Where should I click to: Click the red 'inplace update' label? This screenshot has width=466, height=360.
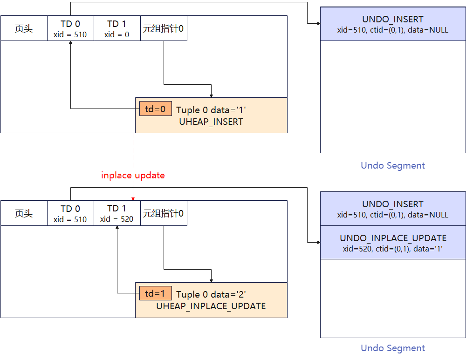[133, 176]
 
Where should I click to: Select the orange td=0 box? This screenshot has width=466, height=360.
[155, 109]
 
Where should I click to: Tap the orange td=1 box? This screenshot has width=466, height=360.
[155, 293]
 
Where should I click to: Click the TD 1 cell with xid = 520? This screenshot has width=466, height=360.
[117, 213]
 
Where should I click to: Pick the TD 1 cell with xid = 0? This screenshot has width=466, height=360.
[117, 28]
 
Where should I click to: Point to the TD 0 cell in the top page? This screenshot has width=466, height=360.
[70, 28]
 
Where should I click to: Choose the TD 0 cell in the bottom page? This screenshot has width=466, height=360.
[70, 213]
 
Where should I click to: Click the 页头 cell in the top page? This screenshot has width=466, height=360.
[24, 28]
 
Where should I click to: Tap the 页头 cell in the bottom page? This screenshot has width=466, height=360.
[24, 213]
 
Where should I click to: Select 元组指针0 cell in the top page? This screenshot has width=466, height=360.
[164, 28]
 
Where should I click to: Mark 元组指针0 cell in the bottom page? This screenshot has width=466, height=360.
[164, 213]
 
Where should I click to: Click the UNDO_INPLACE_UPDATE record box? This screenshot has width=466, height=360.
[393, 243]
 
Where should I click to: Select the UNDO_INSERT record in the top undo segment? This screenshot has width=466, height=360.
[393, 24]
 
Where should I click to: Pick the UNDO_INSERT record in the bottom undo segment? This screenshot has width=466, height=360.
[393, 209]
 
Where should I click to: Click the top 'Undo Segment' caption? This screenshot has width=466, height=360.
[393, 165]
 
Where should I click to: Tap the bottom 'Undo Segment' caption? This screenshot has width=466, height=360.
[393, 348]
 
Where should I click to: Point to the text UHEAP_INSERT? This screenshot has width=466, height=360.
[211, 122]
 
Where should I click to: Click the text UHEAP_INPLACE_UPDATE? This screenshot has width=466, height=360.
[211, 306]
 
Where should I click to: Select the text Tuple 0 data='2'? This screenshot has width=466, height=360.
[211, 294]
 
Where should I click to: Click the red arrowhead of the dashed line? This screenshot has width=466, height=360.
[133, 199]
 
